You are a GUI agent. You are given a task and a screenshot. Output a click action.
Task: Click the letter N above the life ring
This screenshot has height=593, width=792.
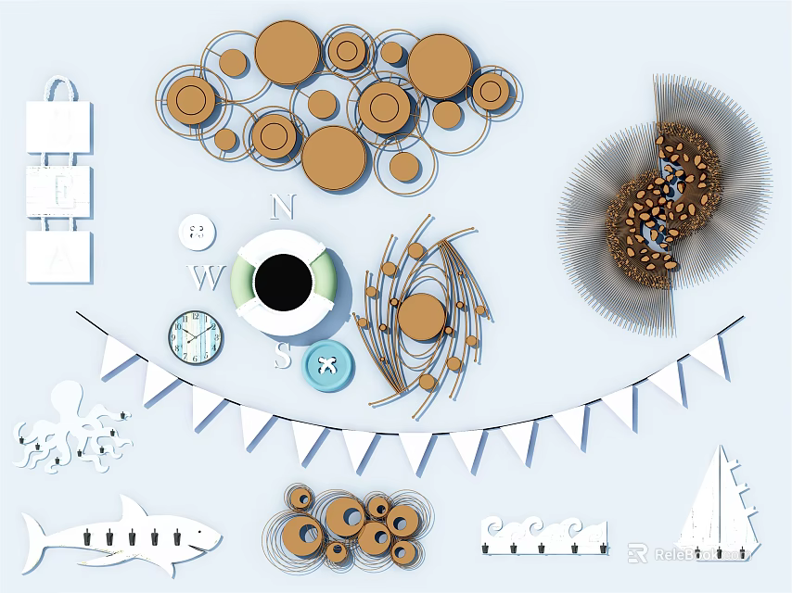coord(283,206)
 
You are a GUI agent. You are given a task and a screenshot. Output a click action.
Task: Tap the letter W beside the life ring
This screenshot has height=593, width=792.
coord(208,276)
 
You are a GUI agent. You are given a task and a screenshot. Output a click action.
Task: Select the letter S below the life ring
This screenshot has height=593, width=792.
coord(283,354)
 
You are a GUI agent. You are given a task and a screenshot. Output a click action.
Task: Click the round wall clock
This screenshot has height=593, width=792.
coord(196,337)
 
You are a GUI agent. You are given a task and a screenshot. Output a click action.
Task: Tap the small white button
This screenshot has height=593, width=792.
coord(197,231)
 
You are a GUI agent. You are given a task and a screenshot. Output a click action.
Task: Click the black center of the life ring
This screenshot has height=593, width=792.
coord(282,282)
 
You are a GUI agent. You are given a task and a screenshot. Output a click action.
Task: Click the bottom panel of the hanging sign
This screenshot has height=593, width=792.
coord(58,257)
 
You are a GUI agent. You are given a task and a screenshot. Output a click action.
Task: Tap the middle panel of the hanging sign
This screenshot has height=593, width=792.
coord(58,191)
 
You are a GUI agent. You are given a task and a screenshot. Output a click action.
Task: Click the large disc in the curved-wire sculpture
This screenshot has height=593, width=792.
coord(421,315)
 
